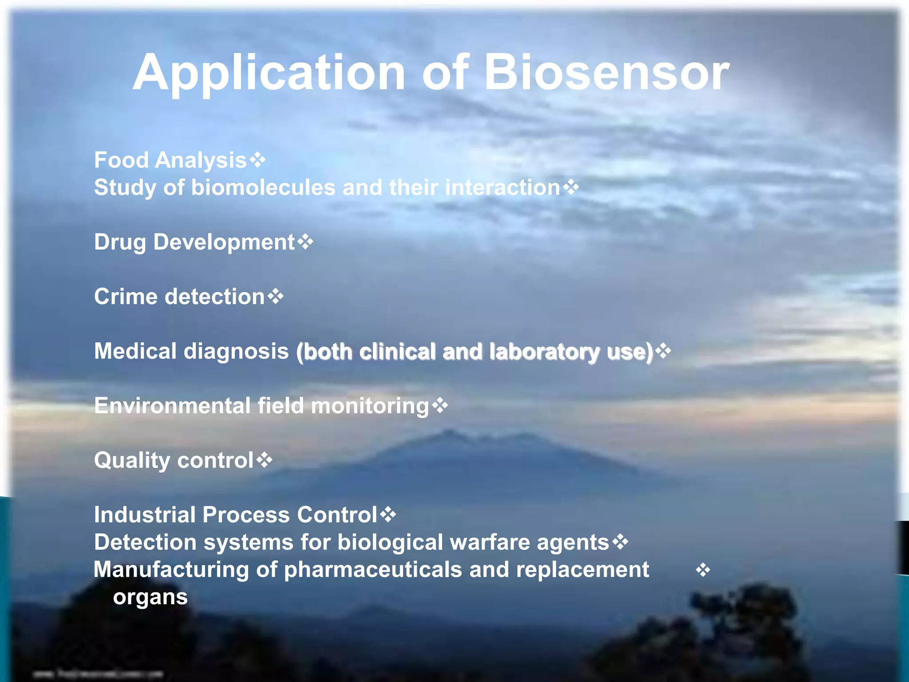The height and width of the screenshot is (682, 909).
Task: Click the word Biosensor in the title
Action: (x=606, y=72)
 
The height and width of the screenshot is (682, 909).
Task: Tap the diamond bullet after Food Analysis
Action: (x=257, y=159)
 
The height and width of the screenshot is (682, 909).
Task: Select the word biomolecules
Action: (x=263, y=187)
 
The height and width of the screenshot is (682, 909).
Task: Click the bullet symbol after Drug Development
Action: (x=305, y=242)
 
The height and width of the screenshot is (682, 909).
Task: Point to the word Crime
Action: (x=126, y=297)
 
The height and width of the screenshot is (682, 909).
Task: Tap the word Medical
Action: (x=135, y=351)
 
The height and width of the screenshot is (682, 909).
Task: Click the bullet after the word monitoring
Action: (x=440, y=405)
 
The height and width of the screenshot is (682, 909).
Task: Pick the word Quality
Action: (x=132, y=461)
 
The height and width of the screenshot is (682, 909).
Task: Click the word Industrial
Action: (x=144, y=515)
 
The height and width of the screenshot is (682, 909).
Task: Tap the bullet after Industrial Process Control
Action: (x=388, y=515)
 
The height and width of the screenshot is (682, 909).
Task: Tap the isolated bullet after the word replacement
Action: (x=703, y=570)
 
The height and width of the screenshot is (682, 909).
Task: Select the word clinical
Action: (x=397, y=352)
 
